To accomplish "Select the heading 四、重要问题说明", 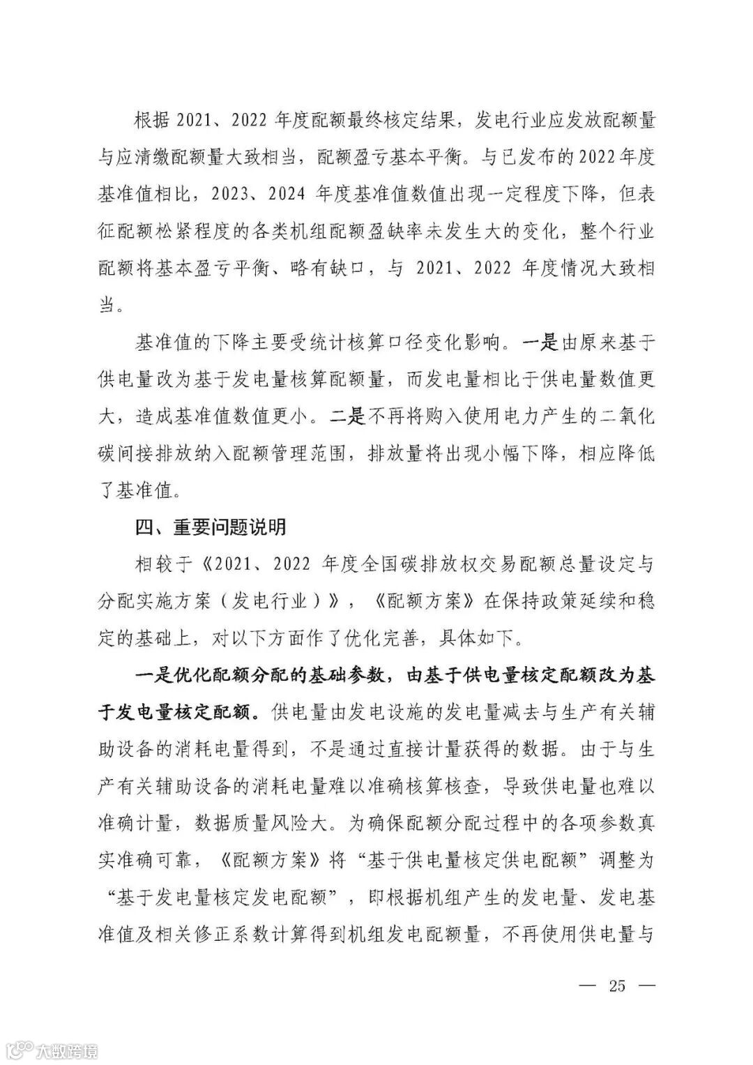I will [x=211, y=527].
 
